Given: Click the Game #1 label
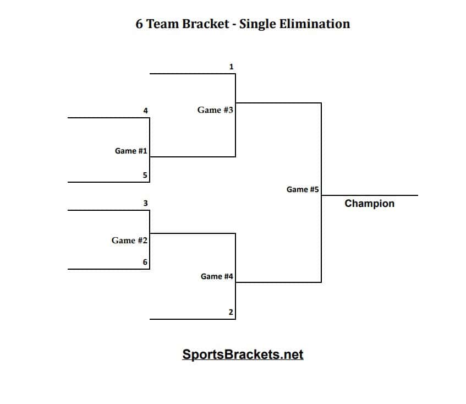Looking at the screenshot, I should tap(130, 151).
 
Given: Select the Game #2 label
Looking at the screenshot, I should tap(129, 241).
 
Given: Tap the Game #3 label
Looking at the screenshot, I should tap(215, 110).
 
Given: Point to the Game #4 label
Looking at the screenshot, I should tap(217, 276).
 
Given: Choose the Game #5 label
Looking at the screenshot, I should tap(303, 189).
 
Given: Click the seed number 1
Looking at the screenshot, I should tap(231, 67).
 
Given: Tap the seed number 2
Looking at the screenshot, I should tap(231, 313).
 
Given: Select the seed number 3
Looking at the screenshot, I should tap(145, 203).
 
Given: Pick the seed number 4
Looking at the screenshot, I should tap(145, 111).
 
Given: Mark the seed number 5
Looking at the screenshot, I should tap(145, 176).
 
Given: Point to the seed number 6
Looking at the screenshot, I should tap(145, 262).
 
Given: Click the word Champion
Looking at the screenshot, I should tap(369, 204).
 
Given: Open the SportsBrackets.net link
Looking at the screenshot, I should tap(243, 354).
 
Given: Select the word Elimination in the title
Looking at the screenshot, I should tap(319, 24).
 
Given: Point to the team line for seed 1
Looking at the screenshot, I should tap(192, 74).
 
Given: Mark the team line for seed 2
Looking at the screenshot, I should tap(192, 319).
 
